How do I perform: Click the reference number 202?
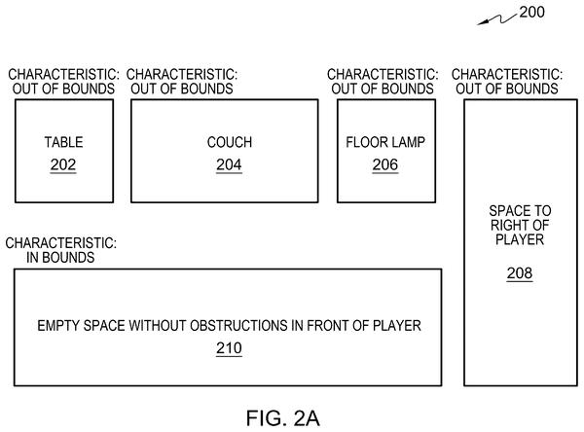pyautogui.click(x=63, y=164)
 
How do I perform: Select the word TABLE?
pyautogui.click(x=63, y=142)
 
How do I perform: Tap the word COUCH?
pyautogui.click(x=230, y=142)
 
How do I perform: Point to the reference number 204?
pyautogui.click(x=229, y=164)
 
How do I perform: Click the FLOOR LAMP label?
pyautogui.click(x=385, y=142)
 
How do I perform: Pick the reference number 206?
pyautogui.click(x=385, y=164)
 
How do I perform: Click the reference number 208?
pyautogui.click(x=520, y=273)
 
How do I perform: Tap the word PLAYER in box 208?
pyautogui.click(x=520, y=239)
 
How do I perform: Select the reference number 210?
pyautogui.click(x=229, y=348)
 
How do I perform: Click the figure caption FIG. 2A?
pyautogui.click(x=283, y=418)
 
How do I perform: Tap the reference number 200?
pyautogui.click(x=531, y=12)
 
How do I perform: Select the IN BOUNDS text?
pyautogui.click(x=60, y=257)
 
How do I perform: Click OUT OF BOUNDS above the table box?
pyautogui.click(x=63, y=89)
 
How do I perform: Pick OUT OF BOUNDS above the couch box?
pyautogui.click(x=182, y=89)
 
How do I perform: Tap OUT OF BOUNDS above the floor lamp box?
pyautogui.click(x=383, y=89)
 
